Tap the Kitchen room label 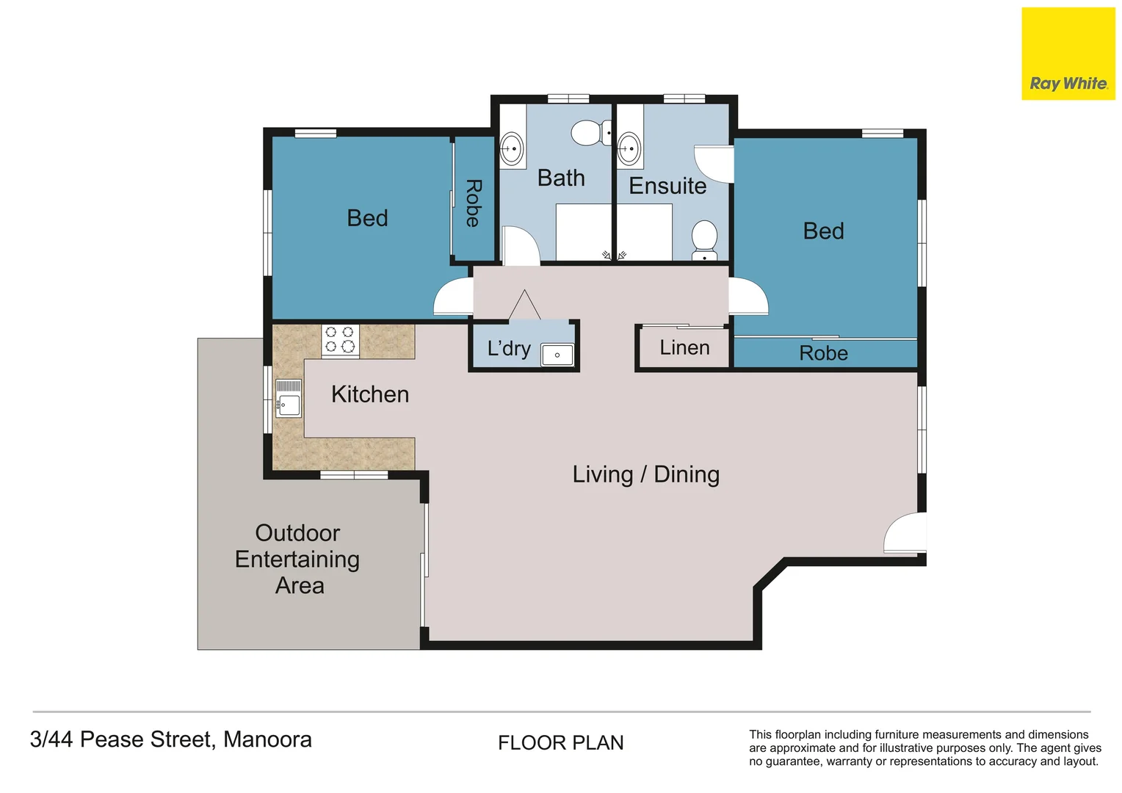click(x=369, y=394)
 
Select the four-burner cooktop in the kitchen click(x=340, y=341)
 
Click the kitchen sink click(x=289, y=399)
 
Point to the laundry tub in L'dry click(x=557, y=355)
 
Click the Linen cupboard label click(x=684, y=347)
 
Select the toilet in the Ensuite click(x=704, y=238)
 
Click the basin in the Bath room click(x=512, y=149)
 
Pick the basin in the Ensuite click(x=629, y=149)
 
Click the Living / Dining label click(x=645, y=474)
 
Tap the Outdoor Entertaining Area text click(x=297, y=559)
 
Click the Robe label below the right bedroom click(x=823, y=353)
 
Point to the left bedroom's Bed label click(x=367, y=218)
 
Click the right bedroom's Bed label click(x=823, y=231)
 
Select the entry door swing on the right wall click(x=904, y=534)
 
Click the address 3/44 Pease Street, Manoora click(x=171, y=739)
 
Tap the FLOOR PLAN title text click(x=560, y=743)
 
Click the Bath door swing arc click(x=521, y=245)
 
